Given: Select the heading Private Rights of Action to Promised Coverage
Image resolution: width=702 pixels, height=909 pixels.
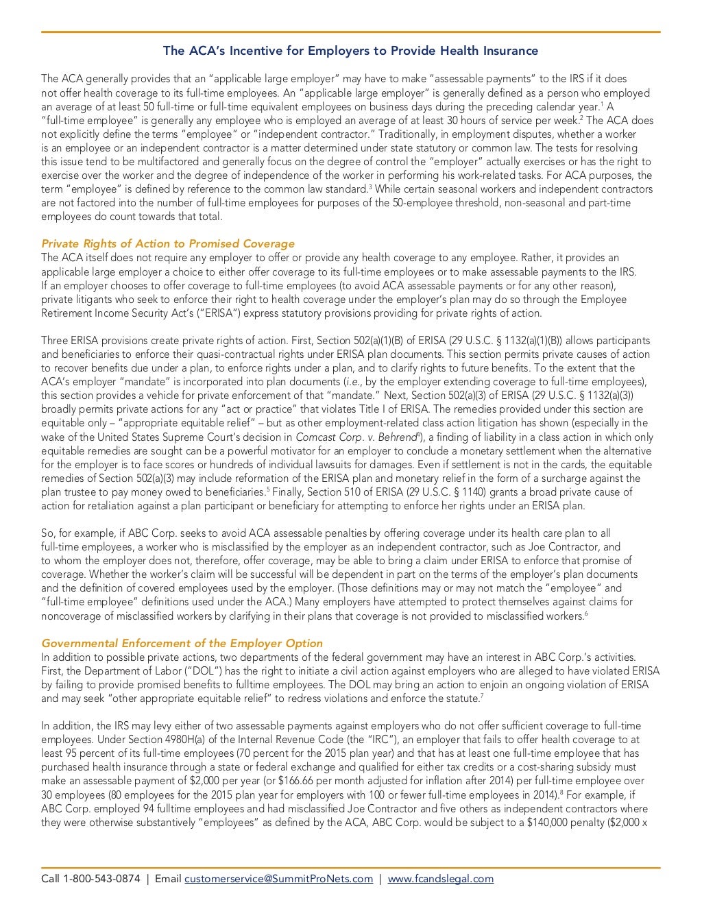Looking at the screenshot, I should [x=168, y=243].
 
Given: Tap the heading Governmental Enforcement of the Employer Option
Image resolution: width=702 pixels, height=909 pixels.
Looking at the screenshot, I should [x=182, y=643].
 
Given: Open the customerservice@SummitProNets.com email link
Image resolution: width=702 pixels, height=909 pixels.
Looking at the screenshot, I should [x=278, y=879].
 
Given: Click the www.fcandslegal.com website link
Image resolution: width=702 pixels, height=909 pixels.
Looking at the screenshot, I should [x=440, y=879].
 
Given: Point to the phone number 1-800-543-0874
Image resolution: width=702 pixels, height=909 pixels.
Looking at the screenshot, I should [x=101, y=879].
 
